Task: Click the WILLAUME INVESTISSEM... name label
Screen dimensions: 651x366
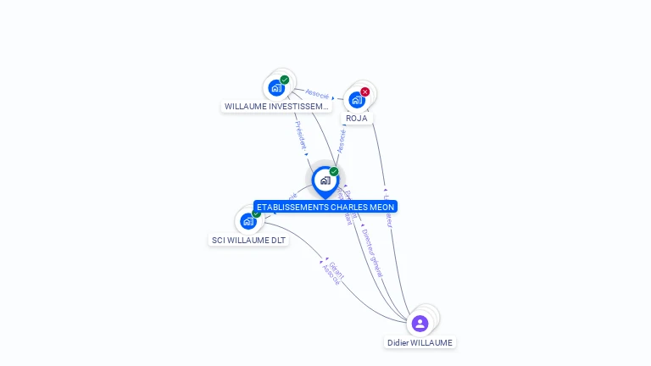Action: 276,107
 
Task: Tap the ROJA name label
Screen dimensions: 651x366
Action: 357,118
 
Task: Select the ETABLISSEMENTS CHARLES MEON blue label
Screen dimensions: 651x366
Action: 325,207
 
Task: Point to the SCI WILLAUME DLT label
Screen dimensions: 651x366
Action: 249,240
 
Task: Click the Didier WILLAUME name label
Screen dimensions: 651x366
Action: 420,342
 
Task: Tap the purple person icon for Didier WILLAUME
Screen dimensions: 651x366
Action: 420,323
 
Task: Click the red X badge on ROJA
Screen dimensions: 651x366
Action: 365,91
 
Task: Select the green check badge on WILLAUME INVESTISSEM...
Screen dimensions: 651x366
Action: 285,80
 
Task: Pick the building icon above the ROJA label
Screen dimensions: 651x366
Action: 357,99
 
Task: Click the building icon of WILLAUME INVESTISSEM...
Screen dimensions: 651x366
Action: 276,86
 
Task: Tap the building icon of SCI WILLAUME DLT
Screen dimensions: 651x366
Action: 248,221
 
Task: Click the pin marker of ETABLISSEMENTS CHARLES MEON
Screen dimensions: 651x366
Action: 325,180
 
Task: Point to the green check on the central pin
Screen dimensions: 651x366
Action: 334,171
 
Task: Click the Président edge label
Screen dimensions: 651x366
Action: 300,136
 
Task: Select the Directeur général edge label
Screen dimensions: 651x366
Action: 372,252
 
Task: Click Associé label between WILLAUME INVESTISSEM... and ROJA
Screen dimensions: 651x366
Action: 317,94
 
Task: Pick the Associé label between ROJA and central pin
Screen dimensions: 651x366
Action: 342,140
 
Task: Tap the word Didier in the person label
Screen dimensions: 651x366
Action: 398,342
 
